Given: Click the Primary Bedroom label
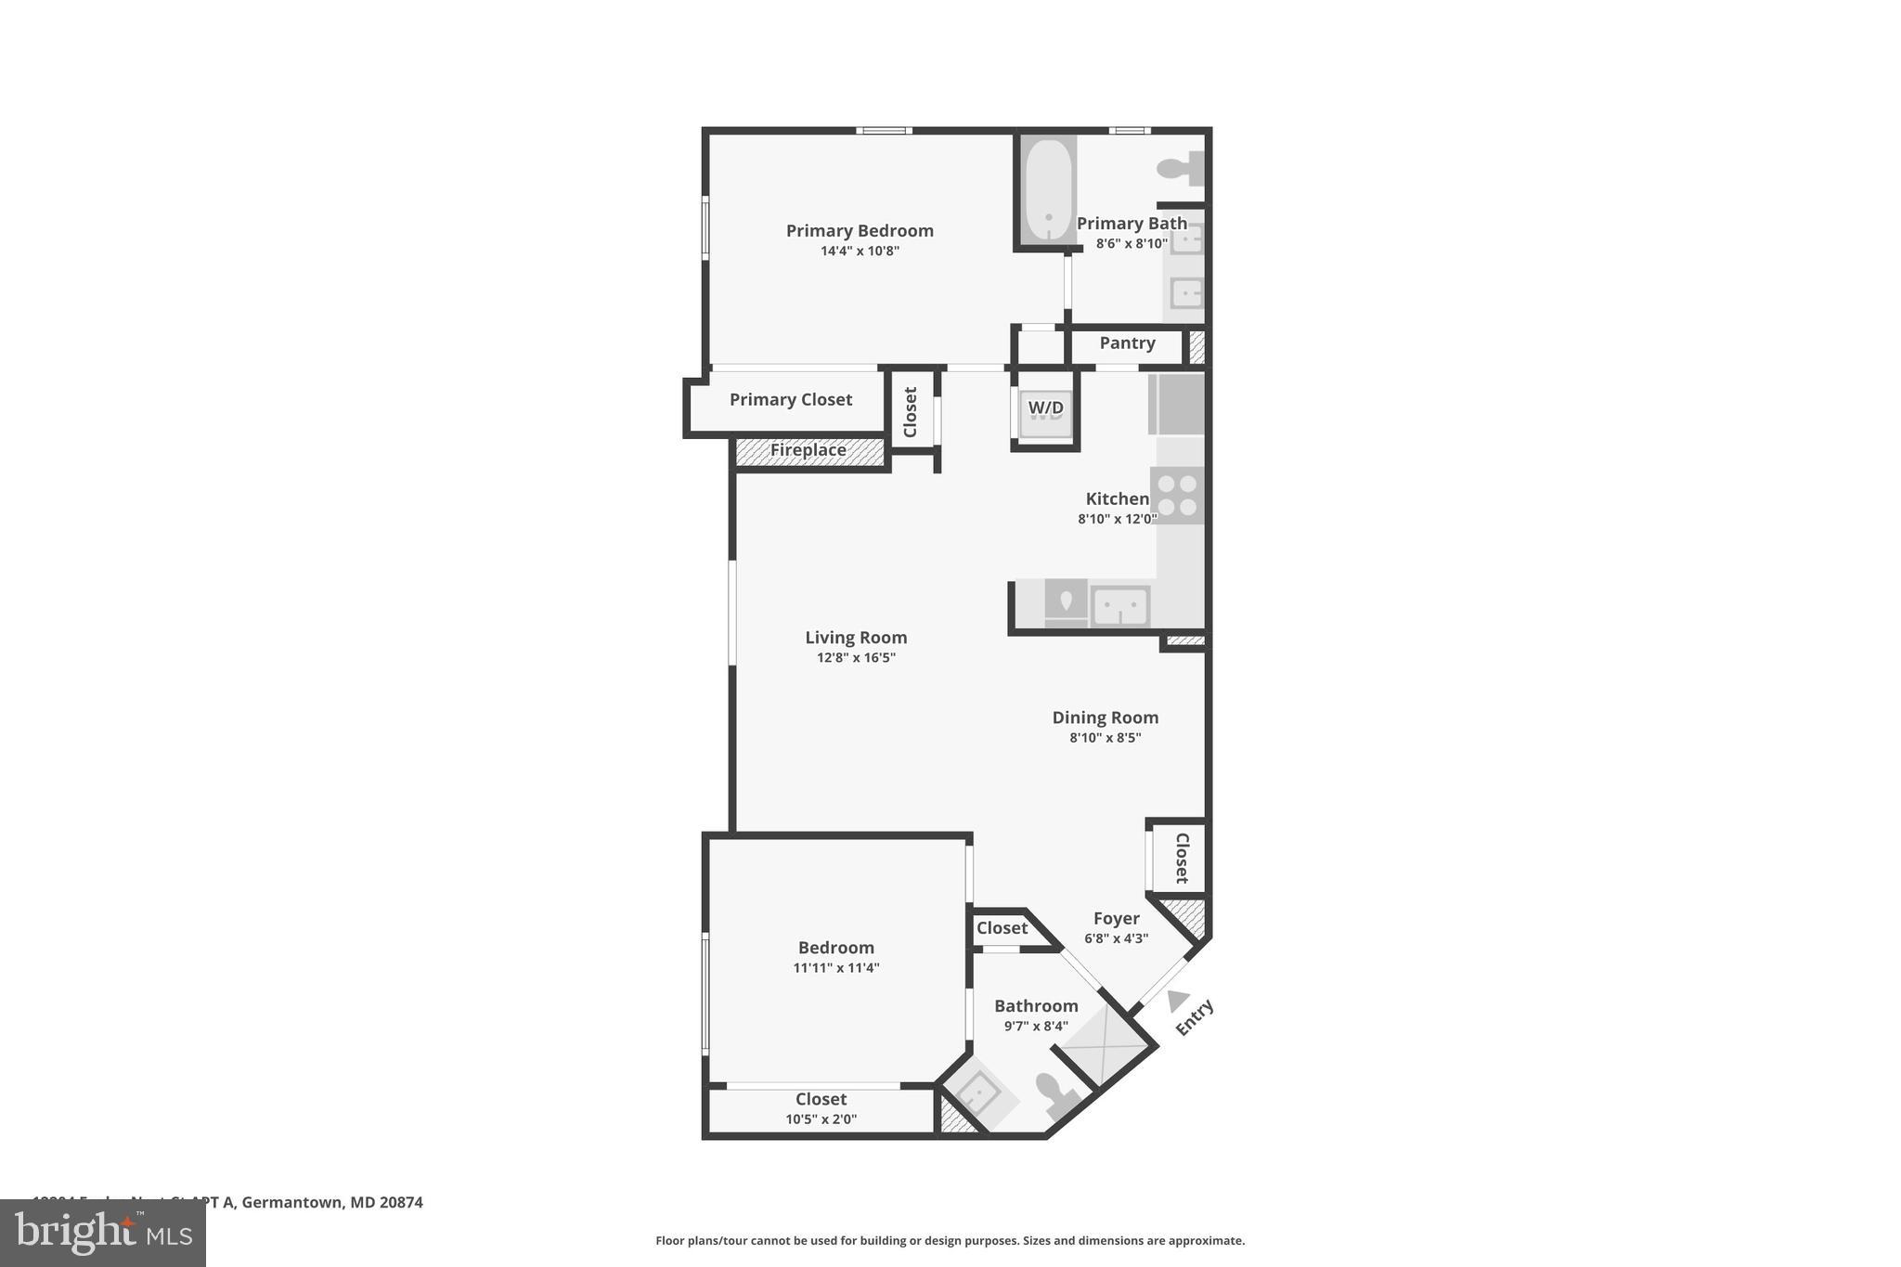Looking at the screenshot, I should pyautogui.click(x=860, y=230).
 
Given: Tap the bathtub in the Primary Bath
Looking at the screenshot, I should pyautogui.click(x=1048, y=190).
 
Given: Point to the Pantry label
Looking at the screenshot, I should pyautogui.click(x=1127, y=343).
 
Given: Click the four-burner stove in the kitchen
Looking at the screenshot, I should pyautogui.click(x=1177, y=495).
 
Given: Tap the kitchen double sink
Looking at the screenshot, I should pyautogui.click(x=1120, y=607).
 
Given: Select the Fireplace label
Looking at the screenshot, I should pyautogui.click(x=808, y=450).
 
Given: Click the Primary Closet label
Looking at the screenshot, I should pyautogui.click(x=790, y=399).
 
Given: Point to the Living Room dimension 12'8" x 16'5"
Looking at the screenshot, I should pyautogui.click(x=856, y=658).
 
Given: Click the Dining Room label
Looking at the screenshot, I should pyautogui.click(x=1105, y=718).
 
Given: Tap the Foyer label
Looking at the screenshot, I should pyautogui.click(x=1116, y=919).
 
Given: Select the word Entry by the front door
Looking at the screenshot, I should pyautogui.click(x=1195, y=1017).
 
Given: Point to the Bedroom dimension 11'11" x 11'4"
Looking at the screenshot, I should pyautogui.click(x=835, y=968).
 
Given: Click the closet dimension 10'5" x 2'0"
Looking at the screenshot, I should pyautogui.click(x=821, y=1119).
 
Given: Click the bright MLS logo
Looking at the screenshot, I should pyautogui.click(x=103, y=1233).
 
